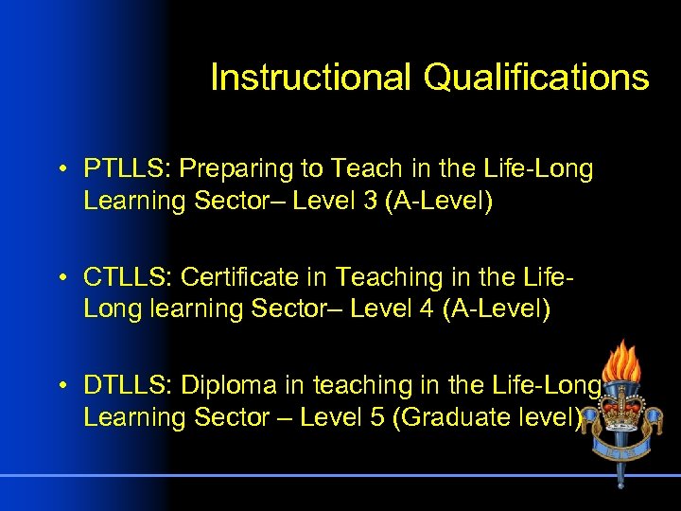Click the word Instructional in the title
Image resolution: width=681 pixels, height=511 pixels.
point(311,78)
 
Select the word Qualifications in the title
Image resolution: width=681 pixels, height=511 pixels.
point(536,78)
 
